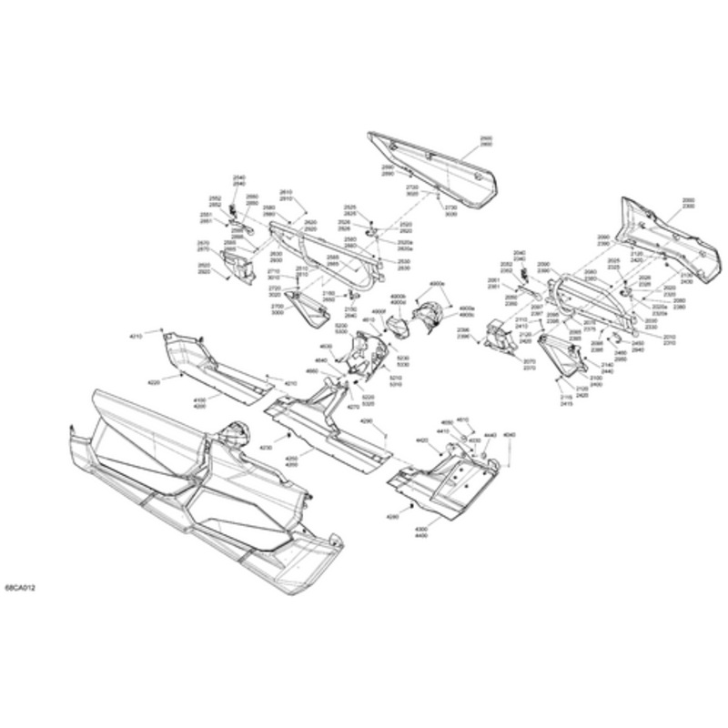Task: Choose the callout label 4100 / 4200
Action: point(200,401)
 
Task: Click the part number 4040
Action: point(509,436)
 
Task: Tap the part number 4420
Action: point(422,441)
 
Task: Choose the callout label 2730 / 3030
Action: point(450,210)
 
